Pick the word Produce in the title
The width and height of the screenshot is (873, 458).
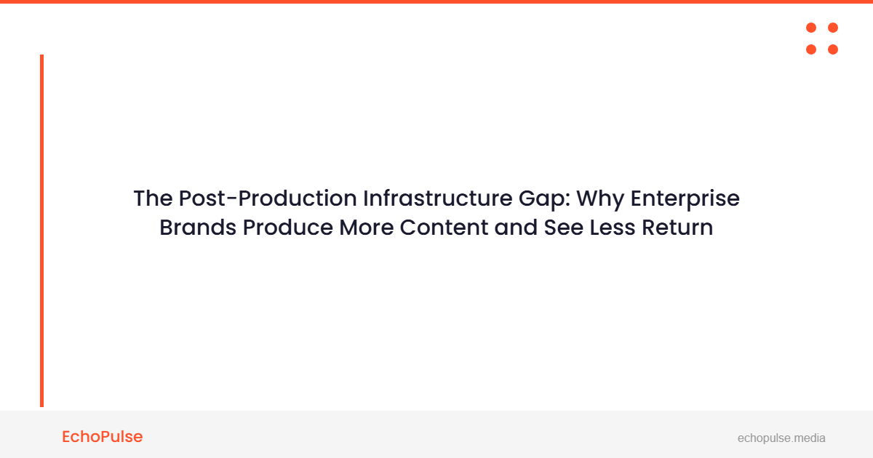(x=288, y=228)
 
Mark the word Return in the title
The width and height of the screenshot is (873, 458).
(x=677, y=228)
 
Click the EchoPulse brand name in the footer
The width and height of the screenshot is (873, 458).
(x=103, y=437)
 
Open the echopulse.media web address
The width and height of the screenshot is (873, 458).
(x=781, y=438)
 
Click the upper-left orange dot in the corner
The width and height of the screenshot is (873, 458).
(x=811, y=28)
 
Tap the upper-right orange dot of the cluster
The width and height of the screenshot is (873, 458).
(x=833, y=28)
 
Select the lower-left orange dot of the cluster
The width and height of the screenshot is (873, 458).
(x=811, y=49)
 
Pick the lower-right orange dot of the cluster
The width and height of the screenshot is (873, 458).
(x=833, y=49)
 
